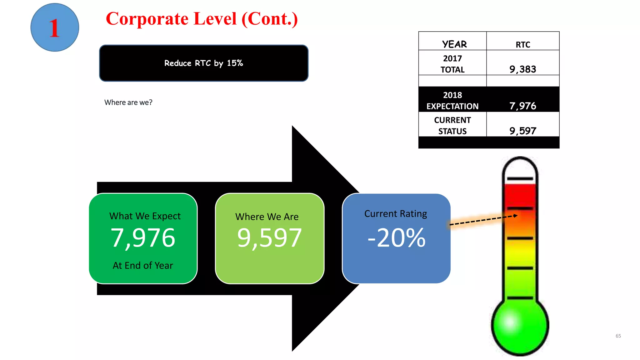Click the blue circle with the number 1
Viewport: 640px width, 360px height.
tap(55, 27)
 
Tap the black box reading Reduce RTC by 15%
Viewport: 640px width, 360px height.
tap(204, 63)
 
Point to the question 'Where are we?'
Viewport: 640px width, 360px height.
tap(128, 102)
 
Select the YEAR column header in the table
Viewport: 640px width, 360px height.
tap(454, 44)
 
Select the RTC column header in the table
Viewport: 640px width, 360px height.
tap(523, 45)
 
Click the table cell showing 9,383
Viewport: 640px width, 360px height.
tap(522, 69)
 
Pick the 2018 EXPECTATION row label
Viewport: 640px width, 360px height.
tap(452, 101)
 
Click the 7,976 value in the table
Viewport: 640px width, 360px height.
tap(522, 106)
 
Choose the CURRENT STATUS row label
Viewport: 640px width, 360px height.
tap(452, 126)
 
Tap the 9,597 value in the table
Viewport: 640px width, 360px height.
tap(522, 131)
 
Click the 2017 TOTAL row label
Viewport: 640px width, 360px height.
tap(452, 64)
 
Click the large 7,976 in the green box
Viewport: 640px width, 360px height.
tap(143, 238)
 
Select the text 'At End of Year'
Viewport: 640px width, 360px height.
tap(143, 265)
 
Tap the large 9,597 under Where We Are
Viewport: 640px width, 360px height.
tap(269, 238)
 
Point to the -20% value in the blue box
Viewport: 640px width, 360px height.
tap(396, 238)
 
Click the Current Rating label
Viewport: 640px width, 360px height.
tap(396, 214)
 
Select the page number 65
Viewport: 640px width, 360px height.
tap(618, 336)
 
